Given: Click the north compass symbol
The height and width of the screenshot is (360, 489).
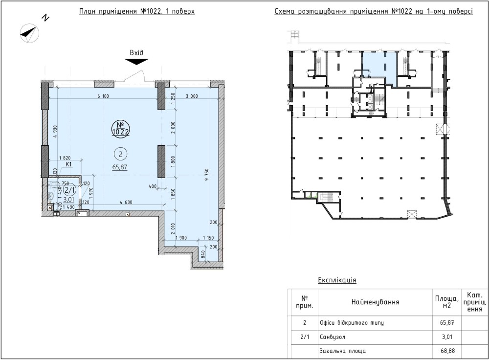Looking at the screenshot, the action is click(30, 33).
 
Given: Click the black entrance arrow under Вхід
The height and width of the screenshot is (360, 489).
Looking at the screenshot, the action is click(136, 62).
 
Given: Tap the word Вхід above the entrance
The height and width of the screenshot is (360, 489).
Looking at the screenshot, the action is click(136, 53).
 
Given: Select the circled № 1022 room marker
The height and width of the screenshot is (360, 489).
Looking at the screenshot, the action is click(121, 129).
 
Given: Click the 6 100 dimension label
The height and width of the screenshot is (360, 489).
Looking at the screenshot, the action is click(103, 96).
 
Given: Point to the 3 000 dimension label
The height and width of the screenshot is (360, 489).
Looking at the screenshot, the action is click(192, 96).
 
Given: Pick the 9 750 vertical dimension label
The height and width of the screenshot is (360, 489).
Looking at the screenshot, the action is click(206, 175).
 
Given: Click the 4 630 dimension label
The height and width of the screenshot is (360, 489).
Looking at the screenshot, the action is click(126, 202).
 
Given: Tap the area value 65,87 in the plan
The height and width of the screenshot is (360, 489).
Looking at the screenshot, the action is click(120, 167).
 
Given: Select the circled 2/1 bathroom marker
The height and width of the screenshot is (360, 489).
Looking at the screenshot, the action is click(69, 189).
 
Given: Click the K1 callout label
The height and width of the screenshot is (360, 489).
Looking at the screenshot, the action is click(68, 164).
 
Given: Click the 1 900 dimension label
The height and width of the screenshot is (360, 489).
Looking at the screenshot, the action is click(181, 238).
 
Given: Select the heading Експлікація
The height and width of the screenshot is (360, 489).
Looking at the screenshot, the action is click(337, 279).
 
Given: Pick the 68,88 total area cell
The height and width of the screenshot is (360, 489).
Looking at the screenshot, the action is click(448, 351).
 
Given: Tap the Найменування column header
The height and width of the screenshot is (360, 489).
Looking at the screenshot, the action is click(375, 302).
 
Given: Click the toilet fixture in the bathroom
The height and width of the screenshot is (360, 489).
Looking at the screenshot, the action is click(51, 196).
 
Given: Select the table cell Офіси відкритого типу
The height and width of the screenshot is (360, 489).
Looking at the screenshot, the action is click(352, 322).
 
